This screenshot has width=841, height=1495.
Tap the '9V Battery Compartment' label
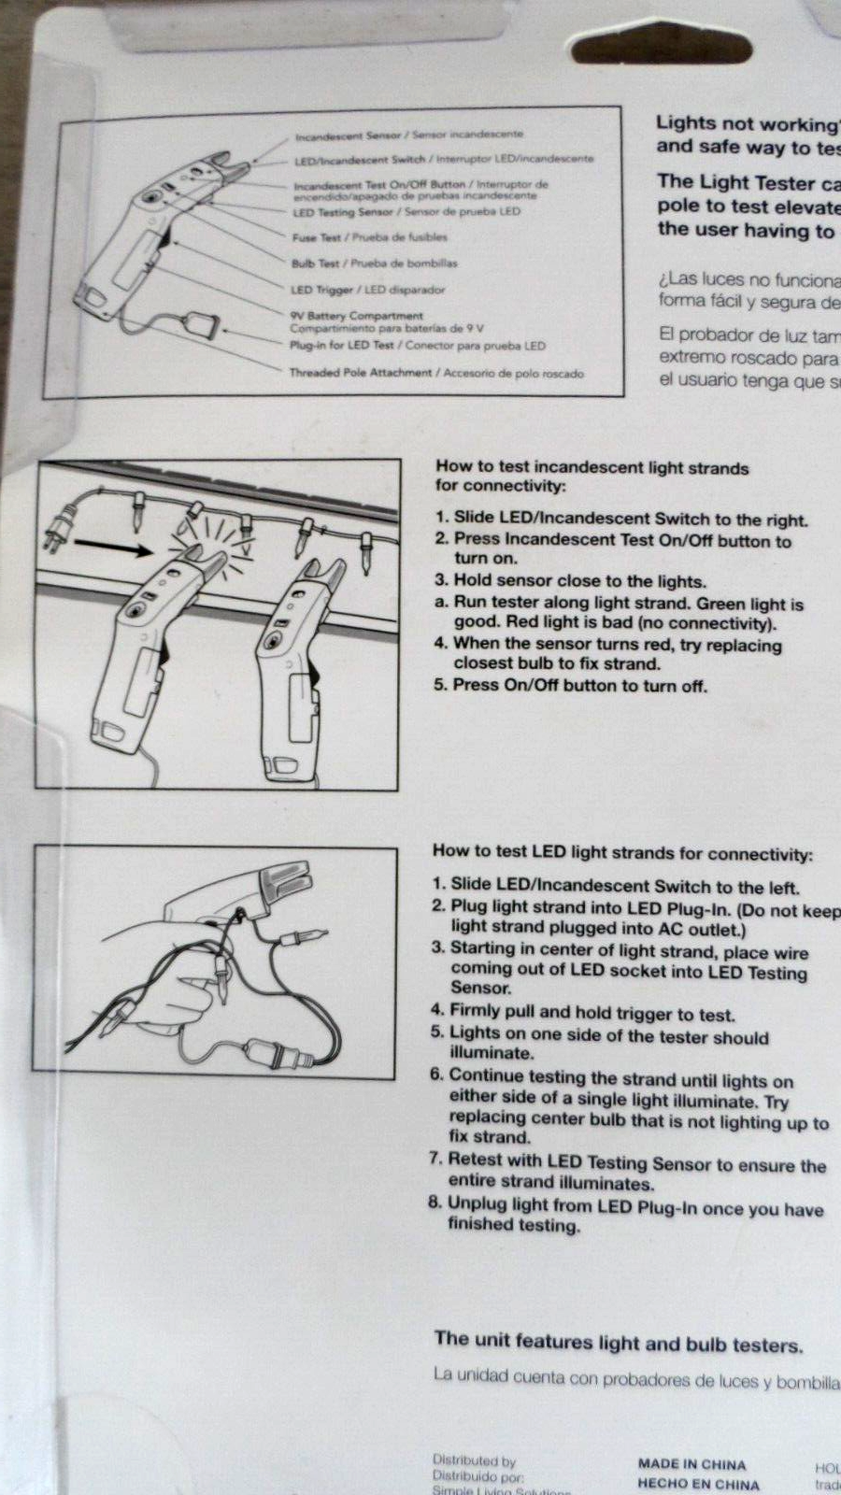click(x=356, y=316)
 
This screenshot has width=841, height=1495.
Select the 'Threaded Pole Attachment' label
click(x=361, y=372)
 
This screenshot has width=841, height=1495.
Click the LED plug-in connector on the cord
click(x=202, y=326)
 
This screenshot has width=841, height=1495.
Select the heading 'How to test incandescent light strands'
click(x=592, y=467)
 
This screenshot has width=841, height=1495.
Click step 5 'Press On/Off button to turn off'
click(x=570, y=685)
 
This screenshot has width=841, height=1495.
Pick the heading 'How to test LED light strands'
click(x=621, y=853)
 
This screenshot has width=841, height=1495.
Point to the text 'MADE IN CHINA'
click(x=691, y=1464)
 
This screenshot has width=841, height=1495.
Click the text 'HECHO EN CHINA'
click(x=698, y=1484)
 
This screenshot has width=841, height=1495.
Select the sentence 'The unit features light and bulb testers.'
click(x=618, y=1343)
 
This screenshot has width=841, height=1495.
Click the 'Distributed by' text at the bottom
click(x=474, y=1460)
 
